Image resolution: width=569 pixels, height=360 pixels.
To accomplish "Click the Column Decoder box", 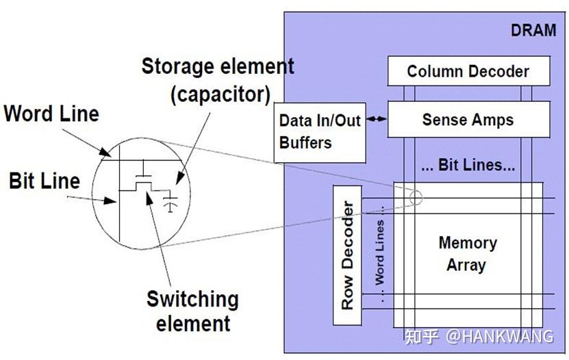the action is [x=469, y=71].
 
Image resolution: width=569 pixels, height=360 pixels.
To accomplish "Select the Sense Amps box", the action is [x=469, y=119].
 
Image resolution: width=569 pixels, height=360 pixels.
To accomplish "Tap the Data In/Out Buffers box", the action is [x=320, y=133].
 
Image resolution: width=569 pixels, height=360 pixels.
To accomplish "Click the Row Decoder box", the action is [x=347, y=255].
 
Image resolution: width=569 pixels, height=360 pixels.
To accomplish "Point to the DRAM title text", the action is [x=533, y=30].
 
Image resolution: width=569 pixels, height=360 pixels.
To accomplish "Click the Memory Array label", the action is [x=468, y=254].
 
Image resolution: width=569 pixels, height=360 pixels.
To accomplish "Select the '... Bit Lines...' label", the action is [x=468, y=165].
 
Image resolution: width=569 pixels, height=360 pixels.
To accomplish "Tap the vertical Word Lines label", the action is [x=379, y=254].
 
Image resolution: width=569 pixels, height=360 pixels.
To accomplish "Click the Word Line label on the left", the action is [x=51, y=114].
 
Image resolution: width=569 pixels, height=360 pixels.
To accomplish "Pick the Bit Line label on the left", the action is [x=45, y=181].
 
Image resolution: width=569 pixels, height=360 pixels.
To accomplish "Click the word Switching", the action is [x=192, y=300].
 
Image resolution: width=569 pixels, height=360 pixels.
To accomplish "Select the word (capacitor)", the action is [x=220, y=94].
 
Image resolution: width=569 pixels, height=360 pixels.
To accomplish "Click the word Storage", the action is [x=177, y=66].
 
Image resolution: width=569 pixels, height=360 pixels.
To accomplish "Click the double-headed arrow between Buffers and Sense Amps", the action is [x=377, y=118].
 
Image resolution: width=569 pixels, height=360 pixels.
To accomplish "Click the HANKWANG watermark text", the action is [x=499, y=337].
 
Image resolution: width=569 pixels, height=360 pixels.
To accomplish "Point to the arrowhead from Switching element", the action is [x=149, y=198].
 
